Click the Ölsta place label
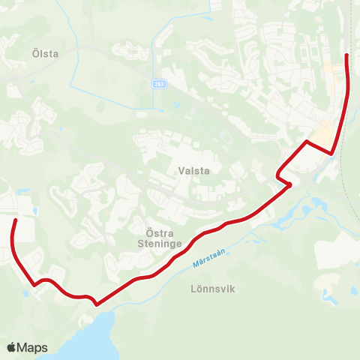tap(46, 54)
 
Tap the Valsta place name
tap(193, 170)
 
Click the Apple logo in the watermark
tap(11, 347)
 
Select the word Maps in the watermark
tap(32, 347)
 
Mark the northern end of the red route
tap(346, 55)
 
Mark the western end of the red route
tap(16, 219)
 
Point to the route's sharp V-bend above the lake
tap(96, 304)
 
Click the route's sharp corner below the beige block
tap(331, 154)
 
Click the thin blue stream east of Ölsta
tap(77, 67)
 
